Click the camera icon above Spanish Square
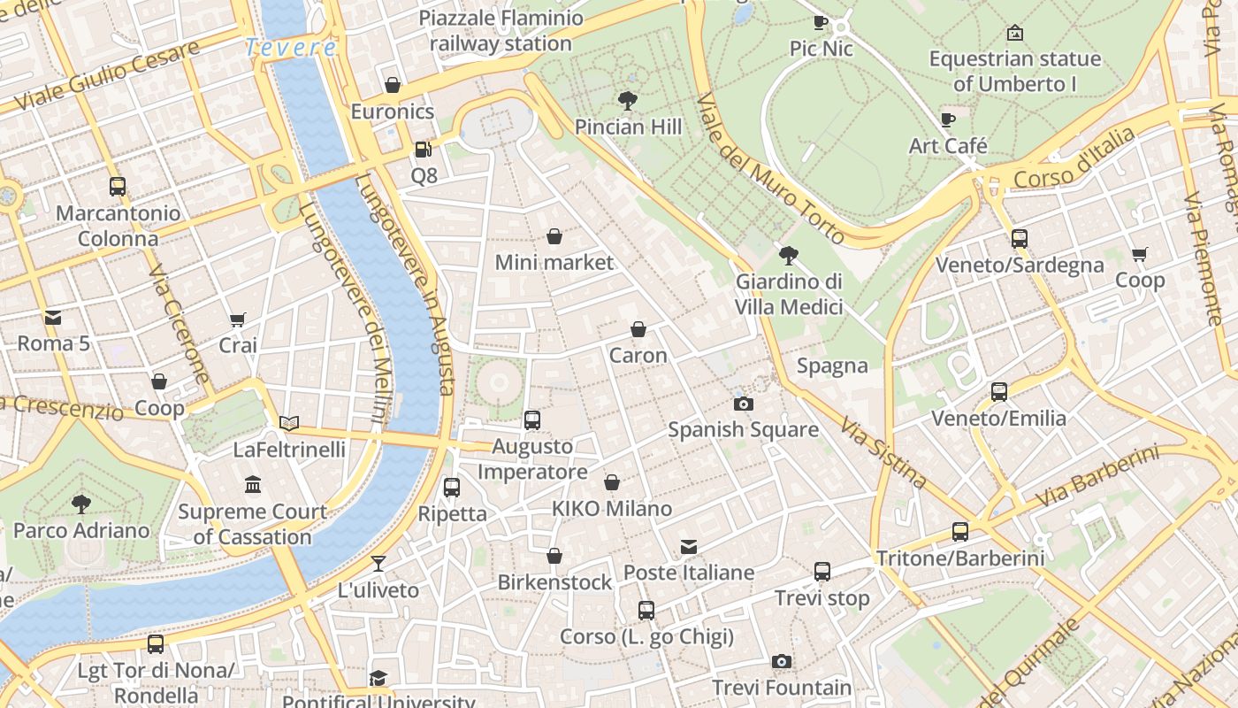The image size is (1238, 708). tap(744, 404)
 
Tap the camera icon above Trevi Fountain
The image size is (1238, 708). tap(781, 661)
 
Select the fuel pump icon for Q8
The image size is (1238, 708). tap(424, 150)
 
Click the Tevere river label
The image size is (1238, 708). tap(291, 47)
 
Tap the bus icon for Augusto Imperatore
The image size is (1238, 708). tap(531, 420)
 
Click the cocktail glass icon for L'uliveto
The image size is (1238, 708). tap(378, 564)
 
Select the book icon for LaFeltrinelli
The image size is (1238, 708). tap(289, 423)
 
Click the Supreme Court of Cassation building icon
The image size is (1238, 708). tap(253, 485)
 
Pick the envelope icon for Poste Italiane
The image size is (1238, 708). tap(689, 547)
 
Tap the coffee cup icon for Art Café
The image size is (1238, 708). tap(948, 119)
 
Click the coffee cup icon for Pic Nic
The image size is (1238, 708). tap(821, 22)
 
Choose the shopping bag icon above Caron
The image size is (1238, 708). tap(638, 329)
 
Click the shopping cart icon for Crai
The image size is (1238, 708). tap(237, 319)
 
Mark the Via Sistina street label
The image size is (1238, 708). tap(883, 453)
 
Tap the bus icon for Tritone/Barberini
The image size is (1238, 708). tap(960, 532)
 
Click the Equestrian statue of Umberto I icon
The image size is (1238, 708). tap(1015, 34)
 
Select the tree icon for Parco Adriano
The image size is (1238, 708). tap(81, 504)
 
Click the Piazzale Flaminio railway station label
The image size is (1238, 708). tap(501, 30)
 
